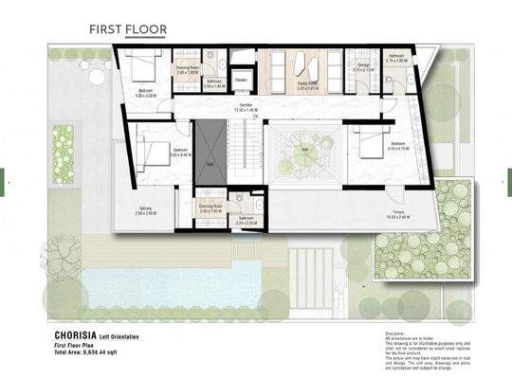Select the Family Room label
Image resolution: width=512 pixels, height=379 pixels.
(307, 86)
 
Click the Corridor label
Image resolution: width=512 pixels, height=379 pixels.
(246, 109)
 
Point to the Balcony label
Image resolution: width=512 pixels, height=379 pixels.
(144, 211)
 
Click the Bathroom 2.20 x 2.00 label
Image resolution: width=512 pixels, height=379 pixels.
(247, 220)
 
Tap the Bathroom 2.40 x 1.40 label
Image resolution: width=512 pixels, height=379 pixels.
(214, 83)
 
